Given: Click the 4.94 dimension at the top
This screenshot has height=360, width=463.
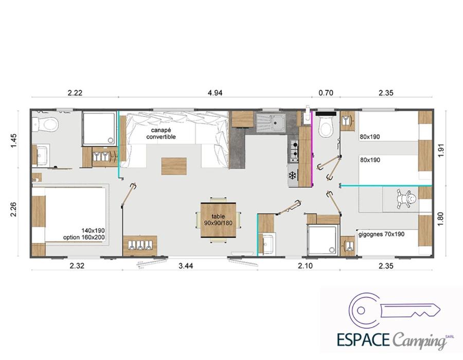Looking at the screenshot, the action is [215, 93].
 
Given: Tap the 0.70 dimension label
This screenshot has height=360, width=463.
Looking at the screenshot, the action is [326, 93].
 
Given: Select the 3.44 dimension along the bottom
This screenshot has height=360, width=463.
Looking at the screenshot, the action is [186, 266].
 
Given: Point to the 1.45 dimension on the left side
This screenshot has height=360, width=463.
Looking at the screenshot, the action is [14, 141].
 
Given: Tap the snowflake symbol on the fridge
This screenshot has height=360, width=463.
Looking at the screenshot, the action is [292, 176].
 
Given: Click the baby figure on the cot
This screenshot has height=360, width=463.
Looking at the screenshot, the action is [406, 200].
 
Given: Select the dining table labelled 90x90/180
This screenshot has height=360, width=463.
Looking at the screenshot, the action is [218, 220].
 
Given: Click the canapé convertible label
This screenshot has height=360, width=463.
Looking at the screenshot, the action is [161, 133].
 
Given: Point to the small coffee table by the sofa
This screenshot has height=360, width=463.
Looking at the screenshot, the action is [174, 166].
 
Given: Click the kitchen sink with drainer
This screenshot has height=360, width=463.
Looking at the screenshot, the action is [271, 122].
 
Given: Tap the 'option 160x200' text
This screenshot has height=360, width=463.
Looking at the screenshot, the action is [84, 237].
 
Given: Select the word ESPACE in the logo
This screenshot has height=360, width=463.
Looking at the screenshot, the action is [363, 339].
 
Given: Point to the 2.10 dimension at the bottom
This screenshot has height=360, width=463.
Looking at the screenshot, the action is [305, 266].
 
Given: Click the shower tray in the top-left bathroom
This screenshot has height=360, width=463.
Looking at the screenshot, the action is [99, 129].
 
